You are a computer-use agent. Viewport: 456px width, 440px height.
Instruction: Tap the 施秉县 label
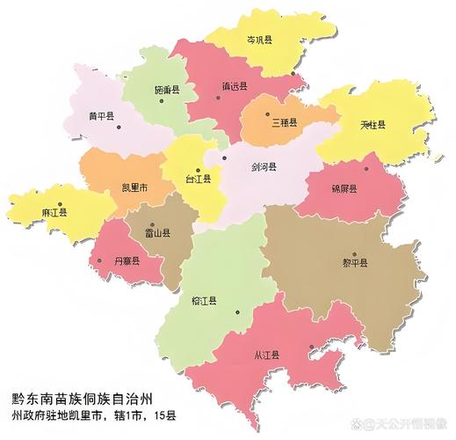(x=167, y=90)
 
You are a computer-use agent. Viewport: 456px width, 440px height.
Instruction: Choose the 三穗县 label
(x=284, y=122)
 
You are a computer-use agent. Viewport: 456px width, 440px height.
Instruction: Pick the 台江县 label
(x=198, y=179)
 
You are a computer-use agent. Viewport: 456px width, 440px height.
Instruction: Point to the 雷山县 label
(x=157, y=234)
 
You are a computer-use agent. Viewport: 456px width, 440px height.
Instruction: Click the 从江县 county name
(x=266, y=355)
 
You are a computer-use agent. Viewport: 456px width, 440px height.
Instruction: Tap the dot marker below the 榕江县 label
(x=235, y=314)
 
